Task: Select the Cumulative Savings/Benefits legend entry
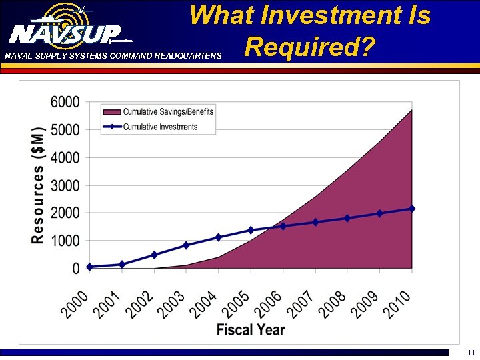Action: pos(168,112)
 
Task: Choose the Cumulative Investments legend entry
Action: pos(160,127)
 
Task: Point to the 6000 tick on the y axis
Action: pos(65,102)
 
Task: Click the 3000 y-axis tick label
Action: pos(65,185)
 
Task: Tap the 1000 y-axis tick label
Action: pos(65,241)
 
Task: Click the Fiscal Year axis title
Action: pos(251,329)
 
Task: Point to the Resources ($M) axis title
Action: pos(39,185)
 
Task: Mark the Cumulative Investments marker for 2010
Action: pos(412,209)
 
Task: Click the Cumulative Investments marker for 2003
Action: pos(186,245)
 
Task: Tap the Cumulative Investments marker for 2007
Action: pos(315,222)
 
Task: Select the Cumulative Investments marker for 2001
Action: pos(121,265)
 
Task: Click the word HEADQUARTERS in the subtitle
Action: pos(188,56)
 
